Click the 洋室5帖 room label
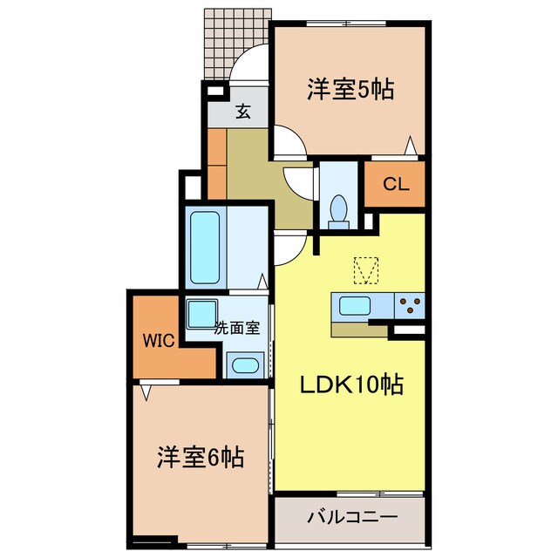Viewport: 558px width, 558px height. pyautogui.click(x=349, y=89)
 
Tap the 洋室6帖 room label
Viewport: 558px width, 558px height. pyautogui.click(x=200, y=455)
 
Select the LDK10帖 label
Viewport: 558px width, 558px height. pyautogui.click(x=351, y=384)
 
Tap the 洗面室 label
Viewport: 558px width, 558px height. pyautogui.click(x=237, y=329)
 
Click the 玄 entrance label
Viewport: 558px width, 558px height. pyautogui.click(x=243, y=111)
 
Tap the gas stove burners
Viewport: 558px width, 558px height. pyautogui.click(x=409, y=306)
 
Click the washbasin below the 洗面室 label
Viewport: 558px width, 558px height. pyautogui.click(x=244, y=365)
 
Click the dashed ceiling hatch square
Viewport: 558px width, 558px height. pyautogui.click(x=367, y=270)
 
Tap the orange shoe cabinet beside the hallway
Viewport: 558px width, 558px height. pyautogui.click(x=216, y=163)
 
